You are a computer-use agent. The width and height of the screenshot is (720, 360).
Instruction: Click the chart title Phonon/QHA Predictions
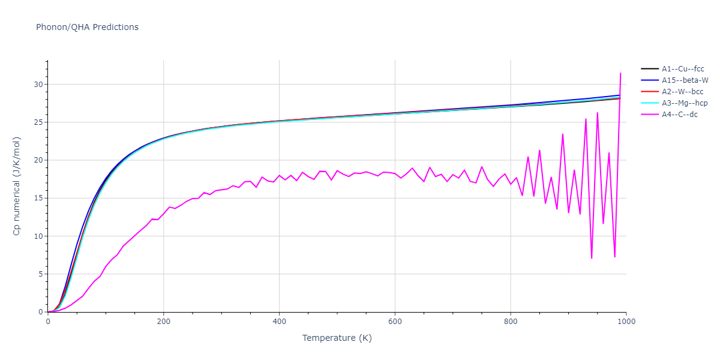87,27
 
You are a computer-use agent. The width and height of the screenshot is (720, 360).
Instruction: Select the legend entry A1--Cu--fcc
683,69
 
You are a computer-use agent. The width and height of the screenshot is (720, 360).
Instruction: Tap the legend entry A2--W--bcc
683,92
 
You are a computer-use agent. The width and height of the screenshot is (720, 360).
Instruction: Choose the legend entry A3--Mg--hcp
684,103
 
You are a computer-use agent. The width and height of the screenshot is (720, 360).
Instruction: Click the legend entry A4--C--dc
680,115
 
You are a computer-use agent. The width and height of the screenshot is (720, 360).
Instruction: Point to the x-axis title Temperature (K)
337,338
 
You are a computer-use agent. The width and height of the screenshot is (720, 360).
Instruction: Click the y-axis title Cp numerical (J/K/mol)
17,186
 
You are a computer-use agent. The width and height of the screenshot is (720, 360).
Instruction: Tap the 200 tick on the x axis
163,321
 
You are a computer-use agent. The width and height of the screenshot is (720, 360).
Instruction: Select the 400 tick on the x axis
279,321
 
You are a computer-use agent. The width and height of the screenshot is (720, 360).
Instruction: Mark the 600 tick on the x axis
395,321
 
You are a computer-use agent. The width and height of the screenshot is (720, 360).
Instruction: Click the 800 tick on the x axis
511,321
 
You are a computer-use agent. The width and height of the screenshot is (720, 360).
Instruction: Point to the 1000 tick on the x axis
626,321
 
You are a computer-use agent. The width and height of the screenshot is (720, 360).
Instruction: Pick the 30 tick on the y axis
39,85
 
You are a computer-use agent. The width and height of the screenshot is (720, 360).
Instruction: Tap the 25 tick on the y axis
39,122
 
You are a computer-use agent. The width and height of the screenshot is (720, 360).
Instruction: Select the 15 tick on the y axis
39,198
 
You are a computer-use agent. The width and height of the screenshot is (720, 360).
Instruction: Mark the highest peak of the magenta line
620,73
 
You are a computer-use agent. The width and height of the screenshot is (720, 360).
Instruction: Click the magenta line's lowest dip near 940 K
592,258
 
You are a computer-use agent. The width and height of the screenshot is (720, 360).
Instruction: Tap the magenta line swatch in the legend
650,115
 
